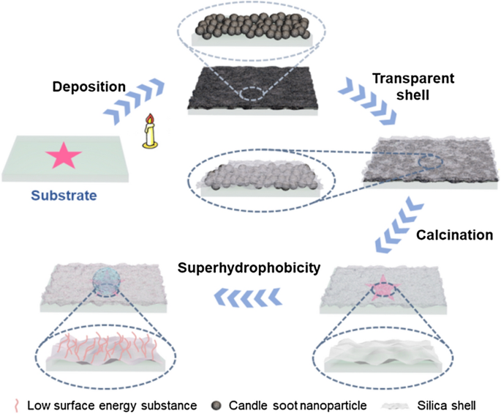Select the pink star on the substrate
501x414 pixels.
coord(64,156)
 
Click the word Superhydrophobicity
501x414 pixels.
coord(249,268)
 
